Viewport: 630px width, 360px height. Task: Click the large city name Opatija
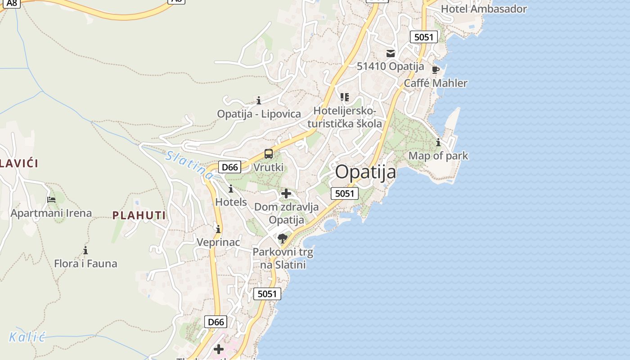[x=365, y=172]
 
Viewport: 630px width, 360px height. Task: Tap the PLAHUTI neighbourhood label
[x=139, y=215]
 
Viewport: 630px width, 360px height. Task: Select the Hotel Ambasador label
[x=484, y=9]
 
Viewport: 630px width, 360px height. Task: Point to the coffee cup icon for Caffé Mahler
[x=435, y=70]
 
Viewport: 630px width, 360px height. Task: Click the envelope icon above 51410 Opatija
[x=390, y=54]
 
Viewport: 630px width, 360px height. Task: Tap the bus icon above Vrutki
[x=269, y=154]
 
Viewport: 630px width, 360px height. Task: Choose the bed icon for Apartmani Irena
[x=51, y=199]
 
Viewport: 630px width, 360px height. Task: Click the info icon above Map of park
[x=438, y=143]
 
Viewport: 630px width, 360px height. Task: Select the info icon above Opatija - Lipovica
[x=259, y=100]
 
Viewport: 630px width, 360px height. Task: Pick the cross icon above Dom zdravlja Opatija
[x=286, y=194]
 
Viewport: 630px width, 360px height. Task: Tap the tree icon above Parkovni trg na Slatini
[x=283, y=238]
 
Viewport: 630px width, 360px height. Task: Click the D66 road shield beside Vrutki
[x=229, y=167]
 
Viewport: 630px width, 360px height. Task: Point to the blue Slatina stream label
[x=189, y=165]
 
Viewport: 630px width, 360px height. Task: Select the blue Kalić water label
[x=27, y=337]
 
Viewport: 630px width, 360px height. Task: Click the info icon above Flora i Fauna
[x=85, y=250]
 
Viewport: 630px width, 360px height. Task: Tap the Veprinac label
[x=218, y=242]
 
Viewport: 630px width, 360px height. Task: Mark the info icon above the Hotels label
[x=231, y=189]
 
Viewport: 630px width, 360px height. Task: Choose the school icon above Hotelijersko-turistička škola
[x=345, y=97]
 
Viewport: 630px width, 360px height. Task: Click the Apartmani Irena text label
[x=51, y=213]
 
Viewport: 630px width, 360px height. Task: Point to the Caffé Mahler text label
[x=435, y=83]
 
